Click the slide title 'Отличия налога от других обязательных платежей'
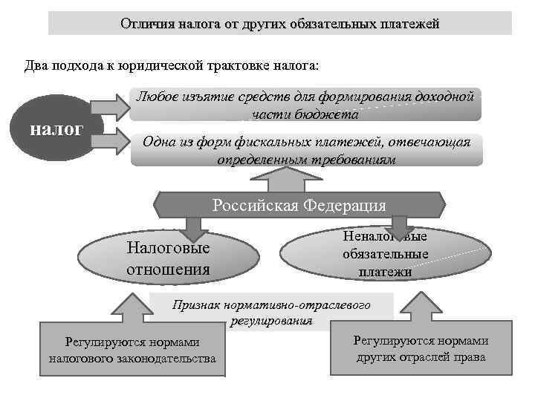[x=280, y=23]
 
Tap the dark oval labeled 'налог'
[x=56, y=129]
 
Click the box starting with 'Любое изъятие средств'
[x=305, y=105]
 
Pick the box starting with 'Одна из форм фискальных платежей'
[x=305, y=150]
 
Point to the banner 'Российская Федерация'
[x=299, y=204]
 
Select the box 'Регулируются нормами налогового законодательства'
[x=132, y=350]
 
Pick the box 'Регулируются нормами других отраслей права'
[x=421, y=348]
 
